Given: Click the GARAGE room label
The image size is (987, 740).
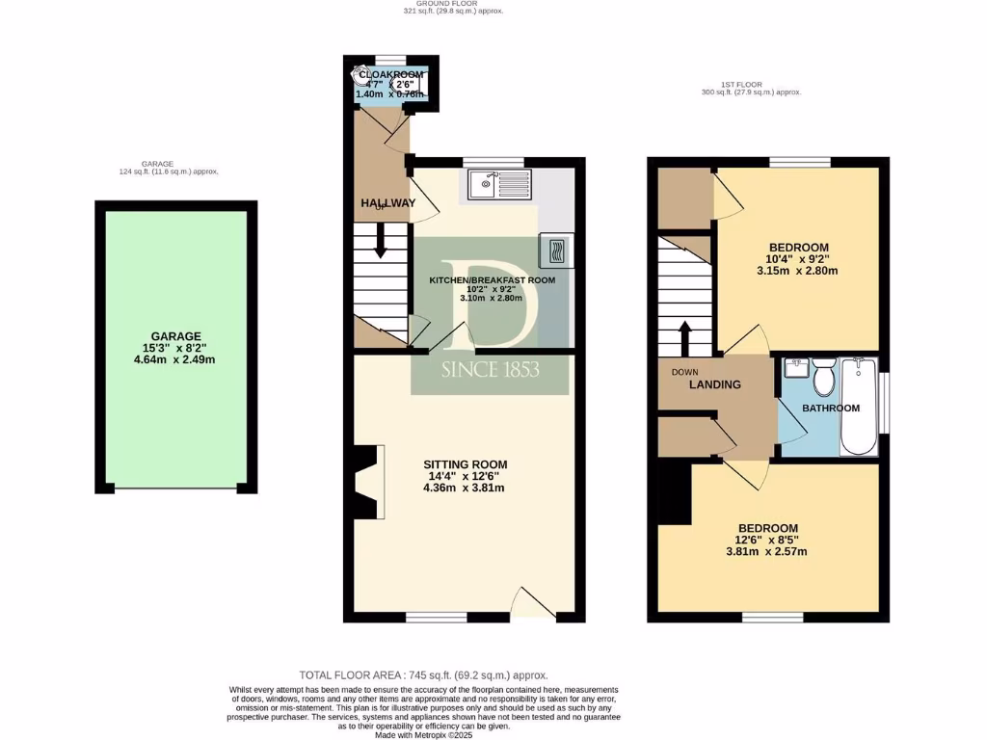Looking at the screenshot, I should [174, 336].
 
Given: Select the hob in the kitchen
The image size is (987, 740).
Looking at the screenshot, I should [554, 251].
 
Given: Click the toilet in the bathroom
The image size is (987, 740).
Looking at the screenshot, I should [823, 379].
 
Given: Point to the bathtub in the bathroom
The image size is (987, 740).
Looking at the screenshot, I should [857, 407].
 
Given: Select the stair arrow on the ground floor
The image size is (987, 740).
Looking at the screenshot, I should [381, 241].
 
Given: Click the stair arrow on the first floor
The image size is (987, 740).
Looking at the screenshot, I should [685, 338].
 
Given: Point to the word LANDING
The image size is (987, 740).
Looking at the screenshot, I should [714, 384].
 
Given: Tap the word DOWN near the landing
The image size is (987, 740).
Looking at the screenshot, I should [684, 371].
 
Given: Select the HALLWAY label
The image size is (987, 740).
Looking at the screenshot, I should [387, 202].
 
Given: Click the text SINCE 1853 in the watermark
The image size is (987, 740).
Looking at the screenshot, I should [490, 370].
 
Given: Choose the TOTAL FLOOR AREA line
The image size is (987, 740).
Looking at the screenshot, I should [430, 675].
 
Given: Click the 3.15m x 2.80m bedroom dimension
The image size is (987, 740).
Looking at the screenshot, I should [797, 271].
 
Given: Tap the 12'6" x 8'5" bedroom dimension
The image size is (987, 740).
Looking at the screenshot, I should [767, 540].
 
